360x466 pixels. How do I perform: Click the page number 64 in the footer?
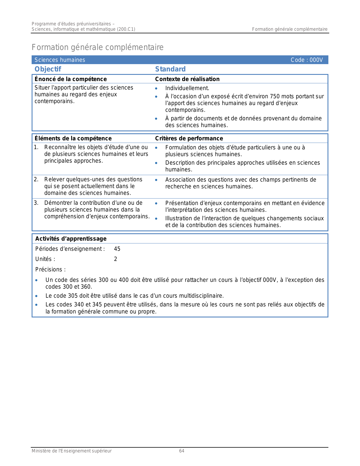(x=182, y=451)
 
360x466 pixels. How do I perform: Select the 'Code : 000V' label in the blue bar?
(x=307, y=60)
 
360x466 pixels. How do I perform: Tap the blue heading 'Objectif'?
(x=48, y=69)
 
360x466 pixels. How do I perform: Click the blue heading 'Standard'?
(x=170, y=69)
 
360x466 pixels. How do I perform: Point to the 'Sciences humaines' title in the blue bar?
(x=60, y=60)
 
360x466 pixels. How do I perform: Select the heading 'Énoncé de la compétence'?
(x=71, y=79)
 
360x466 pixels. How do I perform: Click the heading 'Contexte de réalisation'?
(x=187, y=79)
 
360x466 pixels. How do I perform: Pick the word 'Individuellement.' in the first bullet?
(x=187, y=88)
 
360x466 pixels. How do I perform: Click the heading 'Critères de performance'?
(x=189, y=138)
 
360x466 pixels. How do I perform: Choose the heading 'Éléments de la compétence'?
(x=73, y=138)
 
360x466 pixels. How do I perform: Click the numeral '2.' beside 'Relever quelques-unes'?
(x=36, y=180)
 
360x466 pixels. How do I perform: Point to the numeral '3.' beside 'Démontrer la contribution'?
(x=36, y=203)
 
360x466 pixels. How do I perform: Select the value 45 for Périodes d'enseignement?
(x=117, y=249)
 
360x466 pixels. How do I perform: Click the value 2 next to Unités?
(x=115, y=259)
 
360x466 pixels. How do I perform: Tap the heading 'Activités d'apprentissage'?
(x=71, y=239)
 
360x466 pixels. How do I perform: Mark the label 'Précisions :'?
(x=50, y=269)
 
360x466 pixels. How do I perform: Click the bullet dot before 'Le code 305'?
(x=36, y=296)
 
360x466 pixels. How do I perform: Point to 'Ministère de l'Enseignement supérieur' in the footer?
(x=71, y=451)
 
